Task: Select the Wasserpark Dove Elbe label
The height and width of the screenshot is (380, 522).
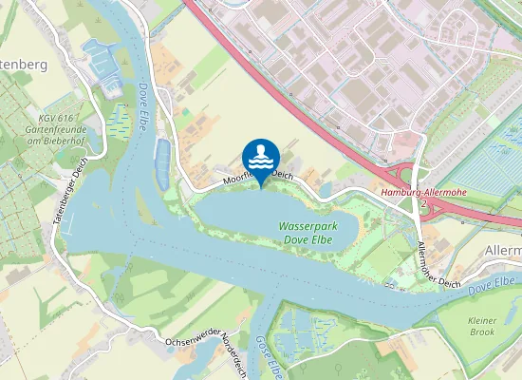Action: (308, 234)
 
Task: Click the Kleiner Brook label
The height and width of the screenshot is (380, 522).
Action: (482, 327)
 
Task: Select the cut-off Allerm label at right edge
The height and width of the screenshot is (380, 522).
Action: (502, 248)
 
